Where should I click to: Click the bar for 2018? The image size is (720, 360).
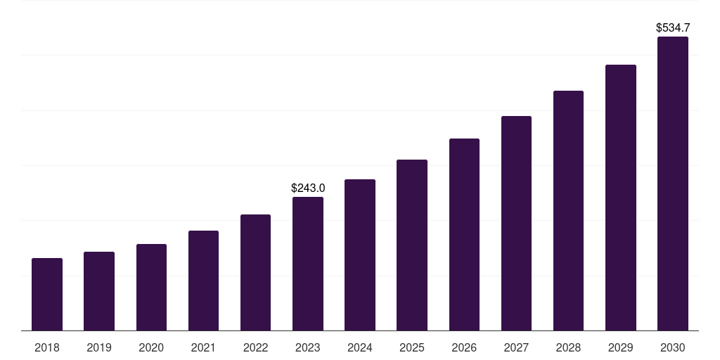(x=47, y=295)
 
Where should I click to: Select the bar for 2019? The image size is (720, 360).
(x=99, y=291)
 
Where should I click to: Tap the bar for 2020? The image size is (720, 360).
(x=151, y=288)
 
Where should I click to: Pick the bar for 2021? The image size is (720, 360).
(x=203, y=281)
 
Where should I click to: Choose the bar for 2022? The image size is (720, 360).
(x=255, y=273)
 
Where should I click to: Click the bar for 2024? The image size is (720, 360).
(x=360, y=255)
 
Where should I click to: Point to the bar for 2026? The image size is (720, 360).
(x=464, y=235)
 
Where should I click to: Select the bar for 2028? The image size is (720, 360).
(x=568, y=211)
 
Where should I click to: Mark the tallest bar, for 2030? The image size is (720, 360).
(x=673, y=184)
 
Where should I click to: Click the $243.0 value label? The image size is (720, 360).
(x=308, y=188)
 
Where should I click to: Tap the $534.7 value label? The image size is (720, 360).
(x=673, y=28)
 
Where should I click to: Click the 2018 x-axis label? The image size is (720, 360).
(x=47, y=347)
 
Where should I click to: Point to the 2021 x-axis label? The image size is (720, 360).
(x=203, y=347)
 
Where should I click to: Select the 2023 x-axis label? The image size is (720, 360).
(x=308, y=347)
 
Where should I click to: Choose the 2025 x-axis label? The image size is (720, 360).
(x=412, y=347)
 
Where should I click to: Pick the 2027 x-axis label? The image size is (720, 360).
(x=516, y=347)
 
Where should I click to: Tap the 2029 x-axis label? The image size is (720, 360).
(x=620, y=347)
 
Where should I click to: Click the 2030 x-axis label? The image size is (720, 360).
(x=673, y=347)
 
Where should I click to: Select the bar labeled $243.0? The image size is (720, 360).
(x=308, y=264)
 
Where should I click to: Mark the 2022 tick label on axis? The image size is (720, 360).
(x=255, y=347)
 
